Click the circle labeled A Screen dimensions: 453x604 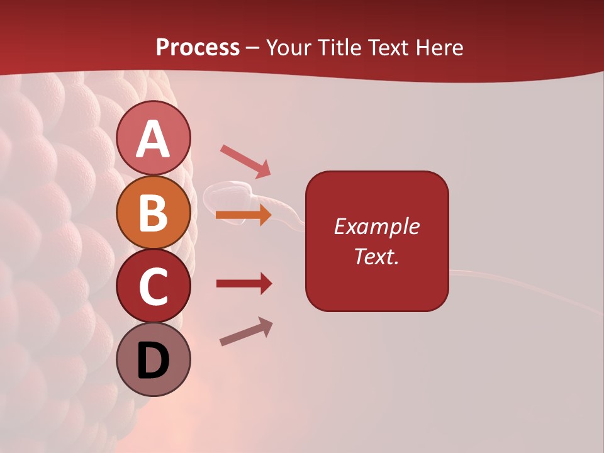click(x=153, y=138)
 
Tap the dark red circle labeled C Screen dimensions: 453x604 click(x=153, y=286)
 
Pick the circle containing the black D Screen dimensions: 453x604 click(x=153, y=359)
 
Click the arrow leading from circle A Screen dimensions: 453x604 click(x=245, y=160)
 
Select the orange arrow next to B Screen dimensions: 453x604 click(x=243, y=216)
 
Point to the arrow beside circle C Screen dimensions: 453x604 click(x=244, y=284)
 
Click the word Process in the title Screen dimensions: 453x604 click(x=198, y=47)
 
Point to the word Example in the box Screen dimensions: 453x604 click(x=376, y=226)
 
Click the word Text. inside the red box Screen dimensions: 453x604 click(x=376, y=256)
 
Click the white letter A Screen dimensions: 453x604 click(x=153, y=139)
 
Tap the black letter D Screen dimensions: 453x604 click(x=153, y=361)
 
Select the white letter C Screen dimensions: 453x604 click(x=153, y=287)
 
